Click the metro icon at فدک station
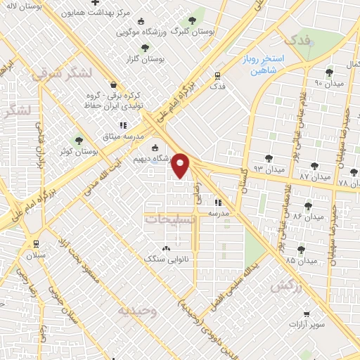218,76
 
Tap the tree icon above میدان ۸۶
307,206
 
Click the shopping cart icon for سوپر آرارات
306,314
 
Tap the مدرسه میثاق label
123,136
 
